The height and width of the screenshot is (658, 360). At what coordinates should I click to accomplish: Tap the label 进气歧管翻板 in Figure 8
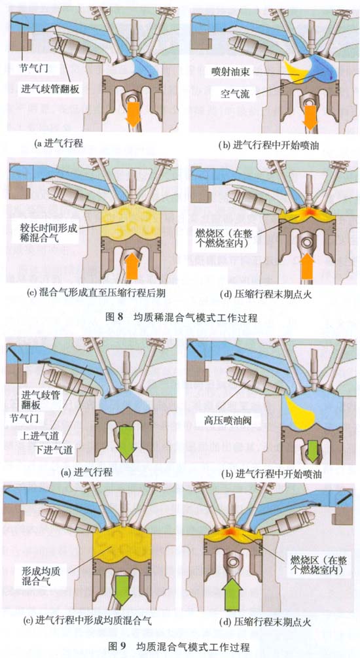(x=50, y=89)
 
